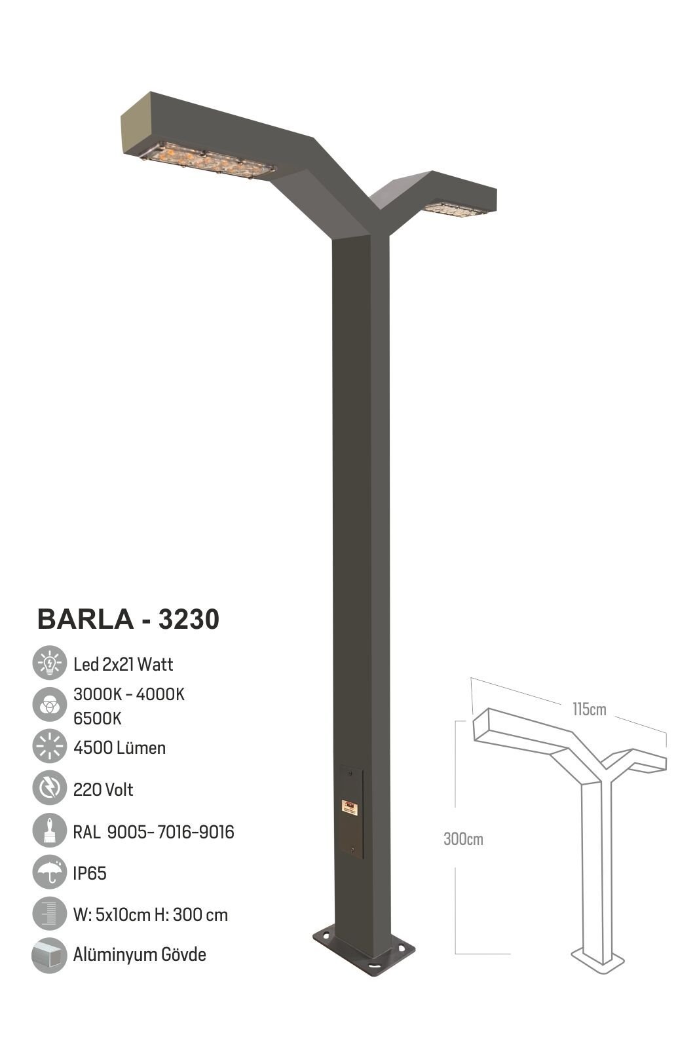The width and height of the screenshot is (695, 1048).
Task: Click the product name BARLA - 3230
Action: click(x=128, y=619)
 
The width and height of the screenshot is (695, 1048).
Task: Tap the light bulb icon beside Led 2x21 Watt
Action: click(x=49, y=664)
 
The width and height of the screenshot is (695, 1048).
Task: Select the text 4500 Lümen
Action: click(x=119, y=747)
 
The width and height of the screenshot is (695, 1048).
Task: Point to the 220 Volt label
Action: click(x=103, y=789)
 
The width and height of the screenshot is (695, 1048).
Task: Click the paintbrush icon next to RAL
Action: click(x=49, y=831)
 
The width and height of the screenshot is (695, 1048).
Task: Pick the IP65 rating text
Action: click(x=90, y=873)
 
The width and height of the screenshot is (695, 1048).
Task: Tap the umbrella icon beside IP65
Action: click(x=49, y=872)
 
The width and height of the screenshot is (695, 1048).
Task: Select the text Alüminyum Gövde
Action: click(x=140, y=954)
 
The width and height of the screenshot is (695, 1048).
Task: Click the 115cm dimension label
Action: click(x=589, y=709)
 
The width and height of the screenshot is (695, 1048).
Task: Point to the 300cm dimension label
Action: click(x=463, y=839)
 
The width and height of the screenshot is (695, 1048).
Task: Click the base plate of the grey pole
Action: click(x=364, y=950)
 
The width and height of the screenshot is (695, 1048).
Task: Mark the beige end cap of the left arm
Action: click(x=136, y=124)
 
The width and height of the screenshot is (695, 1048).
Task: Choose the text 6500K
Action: click(x=98, y=718)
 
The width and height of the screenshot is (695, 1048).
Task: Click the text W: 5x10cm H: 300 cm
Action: click(x=151, y=914)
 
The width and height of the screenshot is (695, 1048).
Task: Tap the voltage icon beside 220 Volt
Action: click(x=49, y=789)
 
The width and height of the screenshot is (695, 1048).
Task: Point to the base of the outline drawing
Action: click(x=598, y=961)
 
